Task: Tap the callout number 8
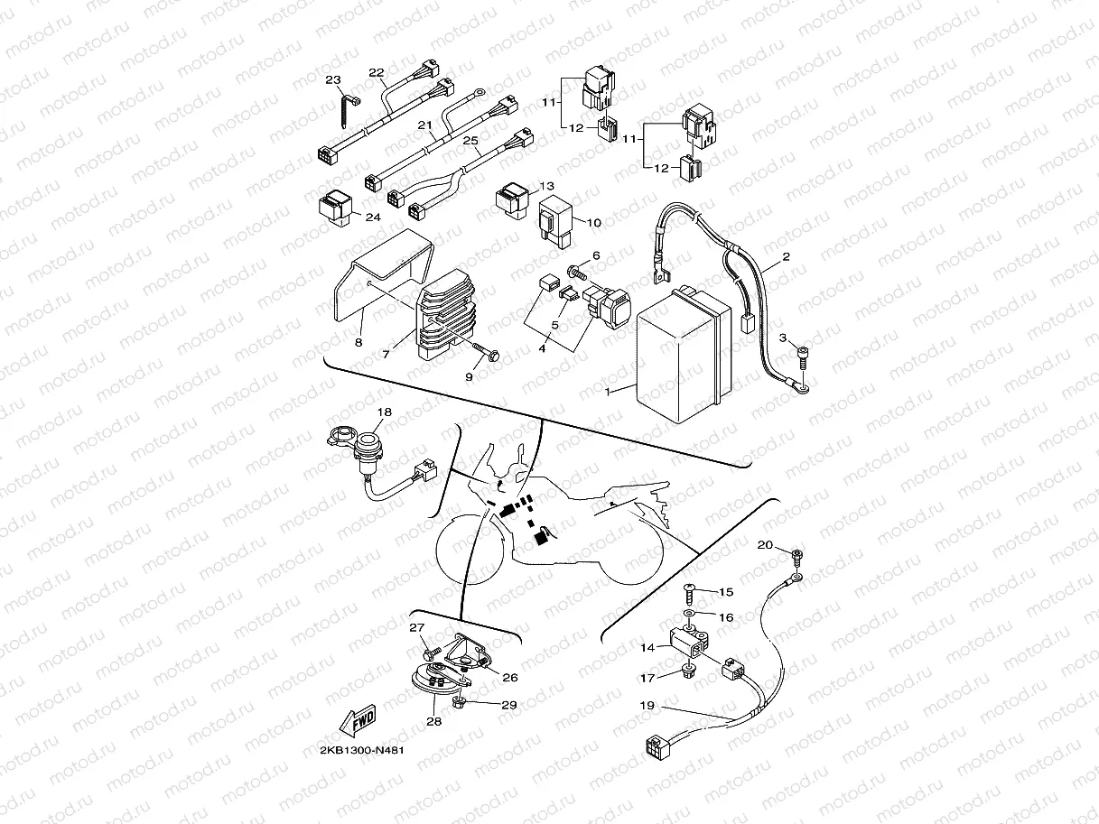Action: (359, 344)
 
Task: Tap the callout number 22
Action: (377, 72)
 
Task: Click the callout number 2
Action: (786, 256)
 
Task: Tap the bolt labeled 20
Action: (796, 555)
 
